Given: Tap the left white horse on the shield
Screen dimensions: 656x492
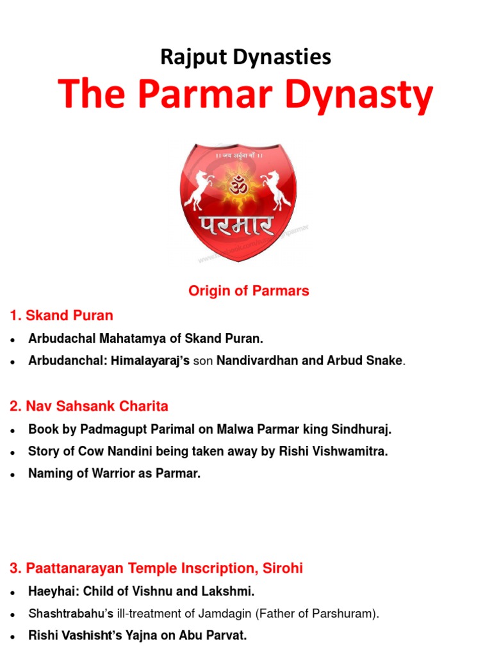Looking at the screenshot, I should tap(197, 190).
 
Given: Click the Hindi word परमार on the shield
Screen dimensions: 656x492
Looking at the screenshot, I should tap(237, 226).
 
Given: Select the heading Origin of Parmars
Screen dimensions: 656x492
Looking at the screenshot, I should tap(249, 291).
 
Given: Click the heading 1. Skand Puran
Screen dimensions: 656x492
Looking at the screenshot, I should tap(61, 315).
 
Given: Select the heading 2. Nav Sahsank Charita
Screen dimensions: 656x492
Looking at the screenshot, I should tap(89, 406).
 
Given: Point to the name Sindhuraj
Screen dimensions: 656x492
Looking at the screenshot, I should tap(364, 429).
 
